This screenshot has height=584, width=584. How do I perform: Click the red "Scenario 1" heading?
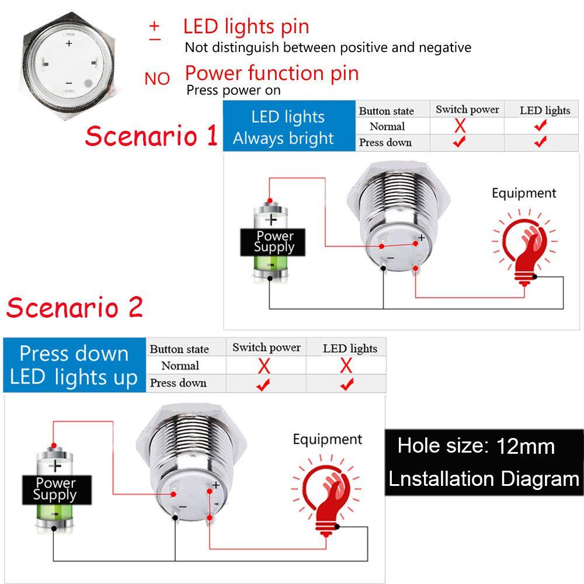tap(151, 136)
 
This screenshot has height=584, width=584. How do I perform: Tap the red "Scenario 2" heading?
tap(75, 307)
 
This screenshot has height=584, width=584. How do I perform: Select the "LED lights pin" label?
tap(246, 26)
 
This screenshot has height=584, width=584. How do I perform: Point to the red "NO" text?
tap(157, 79)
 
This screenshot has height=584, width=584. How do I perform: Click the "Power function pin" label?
tap(272, 73)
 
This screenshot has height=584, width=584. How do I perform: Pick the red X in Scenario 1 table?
tap(460, 126)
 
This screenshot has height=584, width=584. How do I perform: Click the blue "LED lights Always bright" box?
tap(288, 127)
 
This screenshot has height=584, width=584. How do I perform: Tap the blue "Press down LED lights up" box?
tap(74, 366)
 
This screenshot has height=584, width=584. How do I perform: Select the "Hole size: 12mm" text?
tap(476, 447)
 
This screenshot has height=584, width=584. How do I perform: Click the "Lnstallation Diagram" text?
tap(484, 479)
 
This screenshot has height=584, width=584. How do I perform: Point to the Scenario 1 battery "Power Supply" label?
tap(274, 242)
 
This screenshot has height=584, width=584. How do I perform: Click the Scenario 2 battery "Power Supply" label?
tap(55, 489)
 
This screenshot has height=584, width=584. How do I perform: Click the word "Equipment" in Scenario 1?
tap(524, 193)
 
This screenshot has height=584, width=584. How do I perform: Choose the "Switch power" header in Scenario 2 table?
tap(266, 347)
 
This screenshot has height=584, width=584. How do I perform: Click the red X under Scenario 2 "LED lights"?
tap(346, 366)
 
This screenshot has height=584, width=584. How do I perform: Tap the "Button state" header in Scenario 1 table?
tap(386, 111)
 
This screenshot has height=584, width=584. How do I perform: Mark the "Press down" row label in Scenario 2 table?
tap(178, 383)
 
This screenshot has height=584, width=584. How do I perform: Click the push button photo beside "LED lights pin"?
tap(69, 61)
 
